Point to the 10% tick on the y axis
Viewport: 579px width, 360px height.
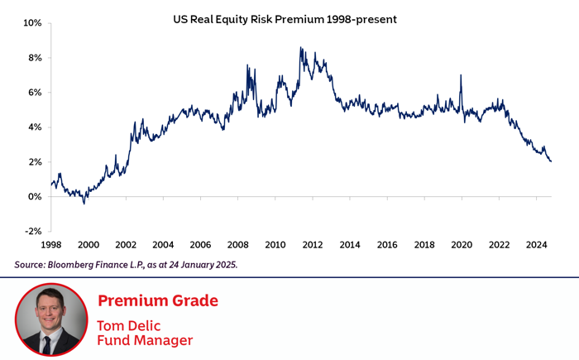(32, 23)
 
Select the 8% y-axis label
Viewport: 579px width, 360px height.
(34, 58)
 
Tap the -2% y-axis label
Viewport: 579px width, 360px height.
(32, 232)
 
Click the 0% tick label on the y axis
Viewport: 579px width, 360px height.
(34, 197)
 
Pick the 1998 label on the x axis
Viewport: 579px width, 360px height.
(51, 245)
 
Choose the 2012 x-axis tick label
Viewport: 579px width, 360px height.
(313, 245)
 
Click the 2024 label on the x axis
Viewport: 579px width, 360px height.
(536, 245)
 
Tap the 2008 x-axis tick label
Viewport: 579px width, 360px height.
(237, 245)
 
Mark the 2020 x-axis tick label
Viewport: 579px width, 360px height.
(462, 245)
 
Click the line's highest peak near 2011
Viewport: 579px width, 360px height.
(300, 48)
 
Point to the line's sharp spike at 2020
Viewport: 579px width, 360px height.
(460, 76)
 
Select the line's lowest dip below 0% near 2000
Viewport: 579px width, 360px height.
(84, 203)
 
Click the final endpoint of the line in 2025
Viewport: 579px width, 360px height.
(551, 161)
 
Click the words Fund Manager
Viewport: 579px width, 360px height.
(145, 339)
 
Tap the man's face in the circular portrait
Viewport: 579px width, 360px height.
(50, 311)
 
